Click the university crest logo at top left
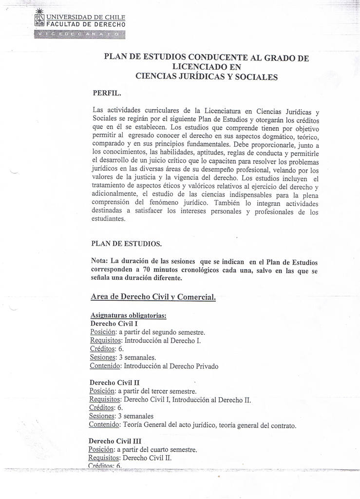pyautogui.click(x=39, y=19)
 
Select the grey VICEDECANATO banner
pyautogui.click(x=80, y=34)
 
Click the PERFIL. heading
pyautogui.click(x=107, y=93)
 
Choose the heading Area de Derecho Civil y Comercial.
pyautogui.click(x=153, y=297)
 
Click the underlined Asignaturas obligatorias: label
pyautogui.click(x=129, y=315)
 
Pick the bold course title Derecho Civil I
pyautogui.click(x=114, y=323)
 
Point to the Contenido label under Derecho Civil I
pyautogui.click(x=105, y=365)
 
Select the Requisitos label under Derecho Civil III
pyautogui.click(x=104, y=458)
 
